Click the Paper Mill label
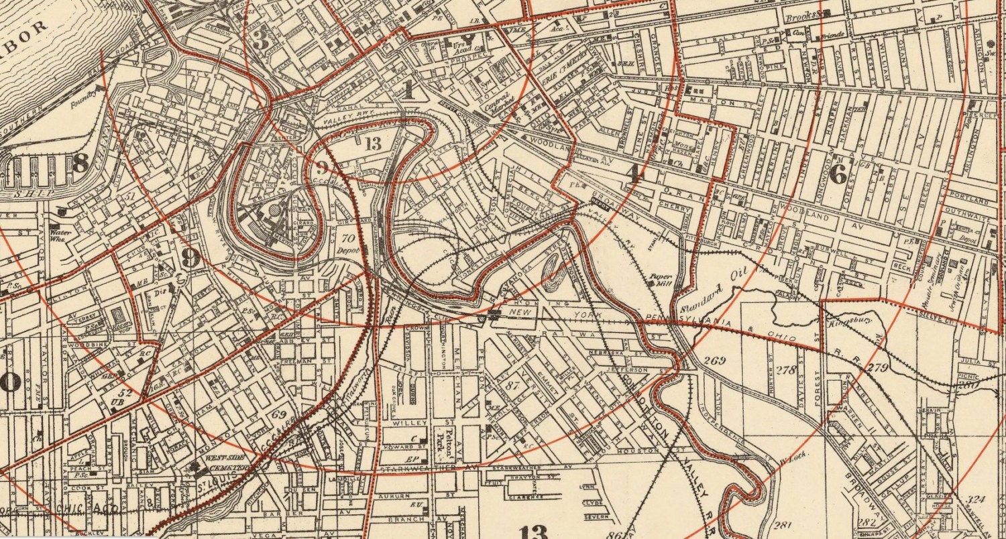(x=659, y=279)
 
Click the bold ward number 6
(x=838, y=174)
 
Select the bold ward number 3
(x=260, y=40)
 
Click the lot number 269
(x=715, y=361)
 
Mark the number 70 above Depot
(x=347, y=238)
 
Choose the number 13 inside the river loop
(x=374, y=142)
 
